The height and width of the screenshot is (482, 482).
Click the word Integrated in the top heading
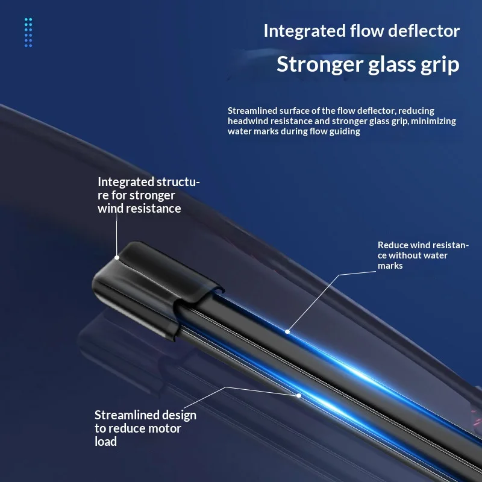(305, 32)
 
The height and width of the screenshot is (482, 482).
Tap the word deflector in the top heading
(424, 31)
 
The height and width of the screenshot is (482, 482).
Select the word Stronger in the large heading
(320, 65)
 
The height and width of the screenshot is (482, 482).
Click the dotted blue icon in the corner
(28, 33)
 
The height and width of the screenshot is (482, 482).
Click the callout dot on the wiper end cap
(117, 258)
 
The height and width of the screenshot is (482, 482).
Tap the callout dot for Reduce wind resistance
(287, 331)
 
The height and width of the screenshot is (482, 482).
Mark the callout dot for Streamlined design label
(299, 396)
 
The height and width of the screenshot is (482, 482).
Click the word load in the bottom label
(106, 442)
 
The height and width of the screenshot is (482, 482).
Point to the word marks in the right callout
(390, 266)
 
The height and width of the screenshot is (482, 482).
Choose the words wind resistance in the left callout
(139, 208)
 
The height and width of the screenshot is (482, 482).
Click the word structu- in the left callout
(178, 182)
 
